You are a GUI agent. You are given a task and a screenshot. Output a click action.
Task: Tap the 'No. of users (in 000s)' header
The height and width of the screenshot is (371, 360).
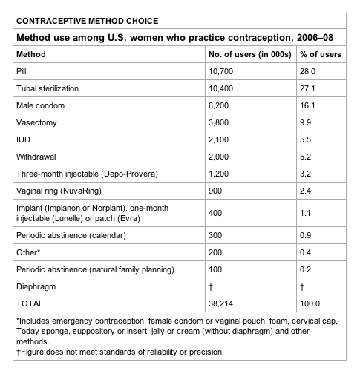coord(250,54)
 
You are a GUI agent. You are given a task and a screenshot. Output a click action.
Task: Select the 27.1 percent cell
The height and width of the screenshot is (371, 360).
coord(308,88)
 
